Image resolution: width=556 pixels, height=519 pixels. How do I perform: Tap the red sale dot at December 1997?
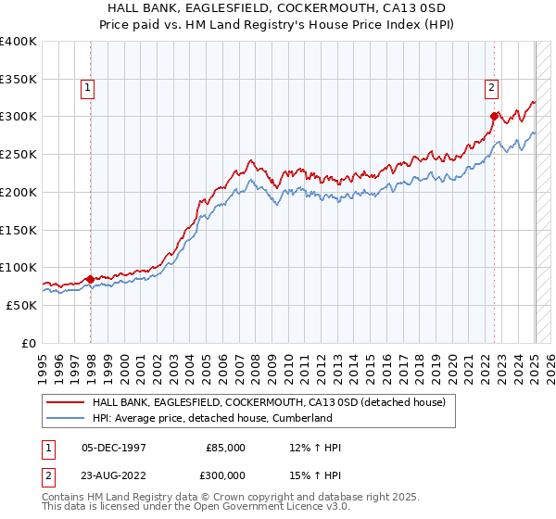91,278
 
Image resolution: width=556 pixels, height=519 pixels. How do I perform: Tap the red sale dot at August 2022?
494,116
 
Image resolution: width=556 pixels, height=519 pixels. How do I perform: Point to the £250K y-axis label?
19,155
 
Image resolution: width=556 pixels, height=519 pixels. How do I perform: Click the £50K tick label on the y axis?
22,305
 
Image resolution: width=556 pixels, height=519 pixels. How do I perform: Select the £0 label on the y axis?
30,343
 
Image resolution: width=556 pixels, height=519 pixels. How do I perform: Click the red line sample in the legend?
66,402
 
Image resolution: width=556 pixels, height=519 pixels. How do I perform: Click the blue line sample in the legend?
66,418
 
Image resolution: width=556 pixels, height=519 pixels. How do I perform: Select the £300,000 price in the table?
225,475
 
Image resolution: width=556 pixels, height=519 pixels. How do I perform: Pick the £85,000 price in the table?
225,448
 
